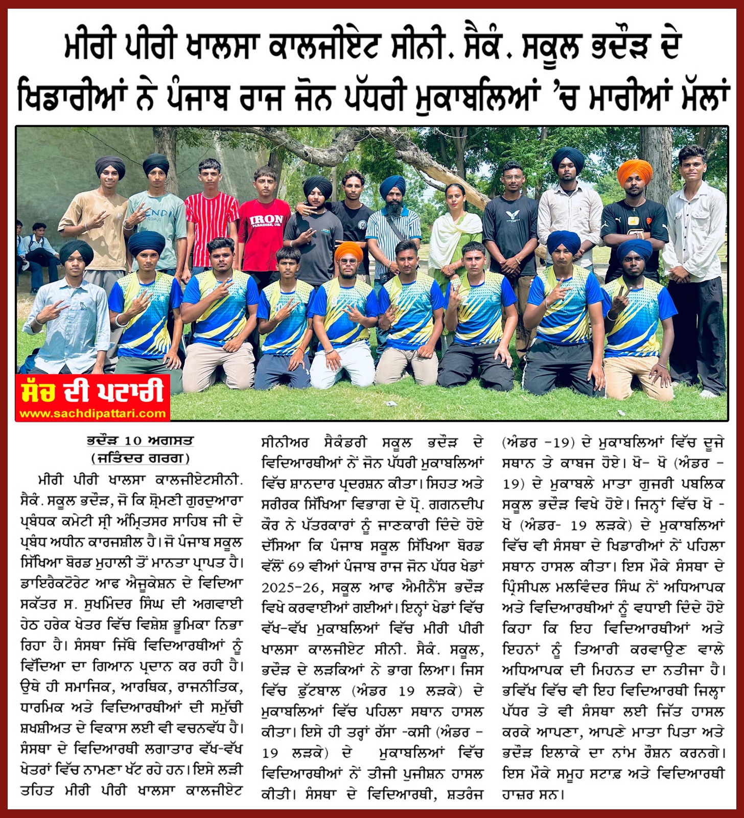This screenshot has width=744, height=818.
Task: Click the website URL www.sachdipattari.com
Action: coord(92,413)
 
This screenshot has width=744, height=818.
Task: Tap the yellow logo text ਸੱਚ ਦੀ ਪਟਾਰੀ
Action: coord(92,391)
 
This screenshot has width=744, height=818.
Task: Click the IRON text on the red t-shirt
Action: coord(266,220)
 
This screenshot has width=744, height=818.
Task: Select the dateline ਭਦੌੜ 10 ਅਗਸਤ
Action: coord(140,441)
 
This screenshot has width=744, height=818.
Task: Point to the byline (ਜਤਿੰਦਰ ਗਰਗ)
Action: coord(140,458)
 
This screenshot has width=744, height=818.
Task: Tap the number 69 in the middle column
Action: coord(296,567)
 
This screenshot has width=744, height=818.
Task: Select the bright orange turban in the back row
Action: coord(635,172)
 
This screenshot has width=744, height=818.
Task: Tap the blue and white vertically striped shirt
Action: coord(391,235)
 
